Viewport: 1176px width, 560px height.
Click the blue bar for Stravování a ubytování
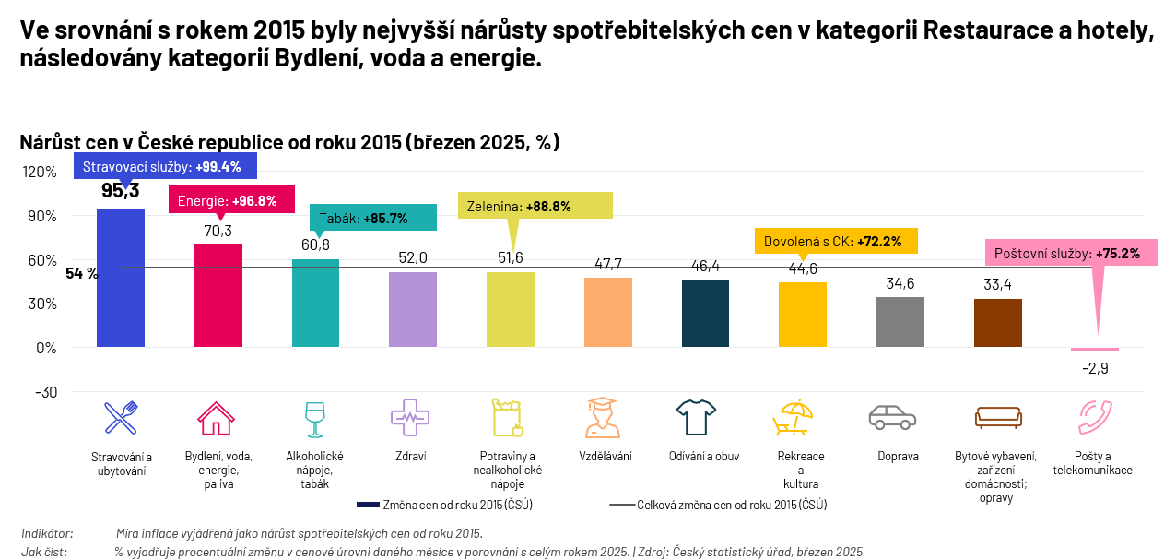(121, 277)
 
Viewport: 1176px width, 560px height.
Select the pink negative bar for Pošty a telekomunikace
(1095, 350)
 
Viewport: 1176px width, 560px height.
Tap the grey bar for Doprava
(900, 322)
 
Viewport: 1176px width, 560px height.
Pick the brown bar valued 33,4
(998, 323)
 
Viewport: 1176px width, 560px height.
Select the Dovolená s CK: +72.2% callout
(836, 242)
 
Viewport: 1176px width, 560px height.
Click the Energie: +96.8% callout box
(231, 200)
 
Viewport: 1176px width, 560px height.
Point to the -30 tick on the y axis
(45, 392)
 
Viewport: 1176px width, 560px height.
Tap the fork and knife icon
(121, 418)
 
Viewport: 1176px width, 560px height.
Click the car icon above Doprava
(893, 417)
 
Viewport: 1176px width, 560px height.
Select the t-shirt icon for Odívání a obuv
(696, 417)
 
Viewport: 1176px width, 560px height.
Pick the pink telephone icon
(1094, 418)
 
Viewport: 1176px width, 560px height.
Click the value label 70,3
(218, 231)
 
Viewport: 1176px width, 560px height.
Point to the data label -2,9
(1095, 368)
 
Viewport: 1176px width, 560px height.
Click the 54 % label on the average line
(82, 273)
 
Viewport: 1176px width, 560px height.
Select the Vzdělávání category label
(606, 457)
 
